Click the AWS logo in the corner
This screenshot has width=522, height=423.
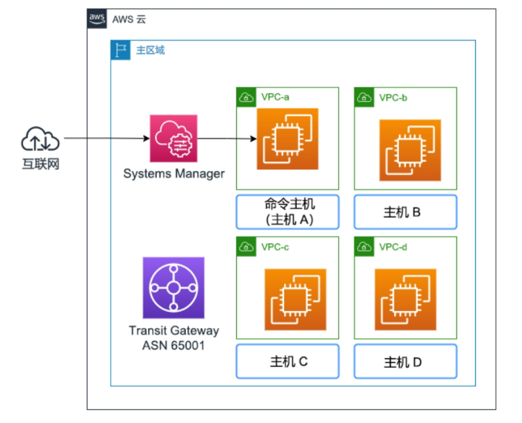97,19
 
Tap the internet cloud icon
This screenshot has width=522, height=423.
40,139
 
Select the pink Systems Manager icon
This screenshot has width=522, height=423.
173,138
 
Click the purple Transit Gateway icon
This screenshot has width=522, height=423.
173,288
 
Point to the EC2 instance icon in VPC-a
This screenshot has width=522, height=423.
287,139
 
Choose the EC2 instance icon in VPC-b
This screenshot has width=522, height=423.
410,150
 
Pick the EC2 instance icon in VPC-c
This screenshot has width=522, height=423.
295,299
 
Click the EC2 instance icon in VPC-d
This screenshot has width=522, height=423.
405,299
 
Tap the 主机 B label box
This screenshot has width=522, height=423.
405,212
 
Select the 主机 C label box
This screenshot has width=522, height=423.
288,361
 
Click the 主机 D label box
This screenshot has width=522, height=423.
405,361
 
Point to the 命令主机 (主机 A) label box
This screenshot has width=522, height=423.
288,212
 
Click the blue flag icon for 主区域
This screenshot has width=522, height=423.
120,50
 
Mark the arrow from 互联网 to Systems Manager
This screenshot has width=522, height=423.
107,138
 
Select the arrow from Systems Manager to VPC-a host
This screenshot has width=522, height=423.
227,138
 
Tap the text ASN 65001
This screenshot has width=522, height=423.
173,345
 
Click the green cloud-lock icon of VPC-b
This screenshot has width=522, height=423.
364,97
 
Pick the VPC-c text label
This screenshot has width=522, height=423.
275,247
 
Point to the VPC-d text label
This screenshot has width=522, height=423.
393,247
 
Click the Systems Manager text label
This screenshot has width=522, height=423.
174,174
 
